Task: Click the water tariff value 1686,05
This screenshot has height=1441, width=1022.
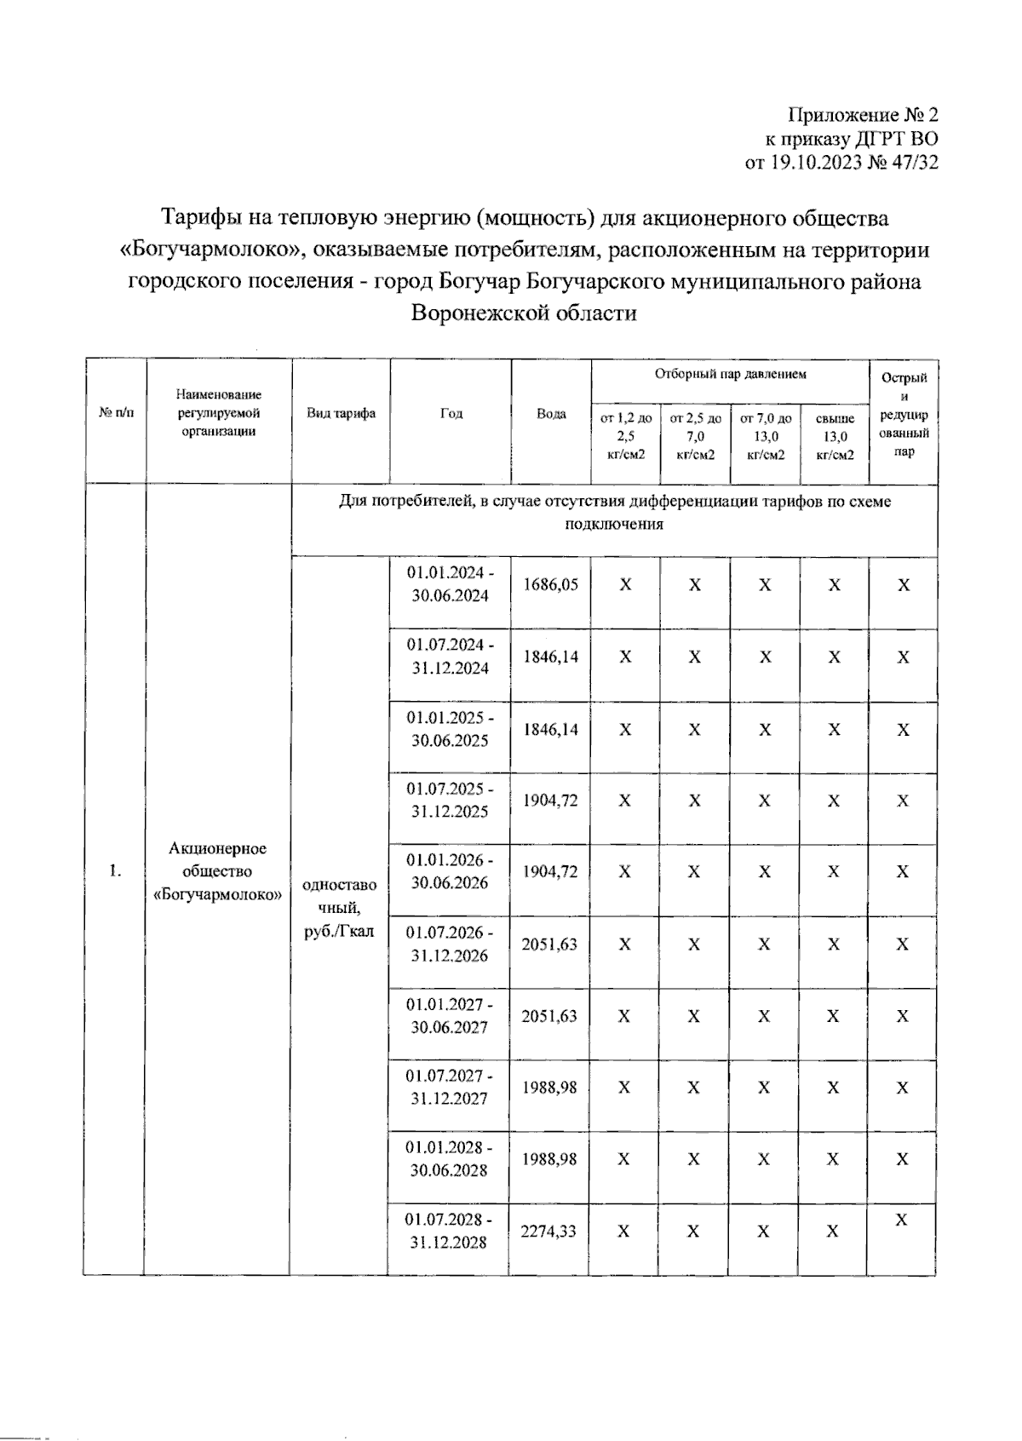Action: point(551,584)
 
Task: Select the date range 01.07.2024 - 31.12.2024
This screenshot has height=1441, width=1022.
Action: point(450,656)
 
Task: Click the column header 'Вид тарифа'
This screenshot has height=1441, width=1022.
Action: point(341,414)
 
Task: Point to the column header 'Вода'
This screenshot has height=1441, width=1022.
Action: point(551,414)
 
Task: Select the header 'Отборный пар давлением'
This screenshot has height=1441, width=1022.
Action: point(730,374)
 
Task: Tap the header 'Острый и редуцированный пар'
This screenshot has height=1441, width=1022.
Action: point(904,415)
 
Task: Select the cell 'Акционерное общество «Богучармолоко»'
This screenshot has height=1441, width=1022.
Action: point(218,871)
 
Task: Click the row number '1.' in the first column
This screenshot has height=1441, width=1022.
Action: point(115,871)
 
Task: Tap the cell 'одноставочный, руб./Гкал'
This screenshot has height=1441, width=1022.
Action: point(339,908)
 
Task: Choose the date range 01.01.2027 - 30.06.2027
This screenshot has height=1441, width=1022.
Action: point(450,1015)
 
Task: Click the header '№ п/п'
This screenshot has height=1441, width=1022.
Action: point(116,414)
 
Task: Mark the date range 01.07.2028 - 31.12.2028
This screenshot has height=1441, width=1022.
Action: point(448,1231)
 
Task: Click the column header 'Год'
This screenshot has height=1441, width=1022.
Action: point(451,414)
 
